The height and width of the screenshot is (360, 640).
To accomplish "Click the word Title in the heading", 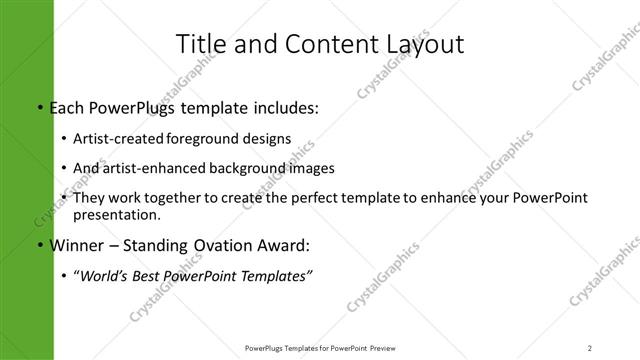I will (199, 44).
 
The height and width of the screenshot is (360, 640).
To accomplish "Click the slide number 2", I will (590, 348).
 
